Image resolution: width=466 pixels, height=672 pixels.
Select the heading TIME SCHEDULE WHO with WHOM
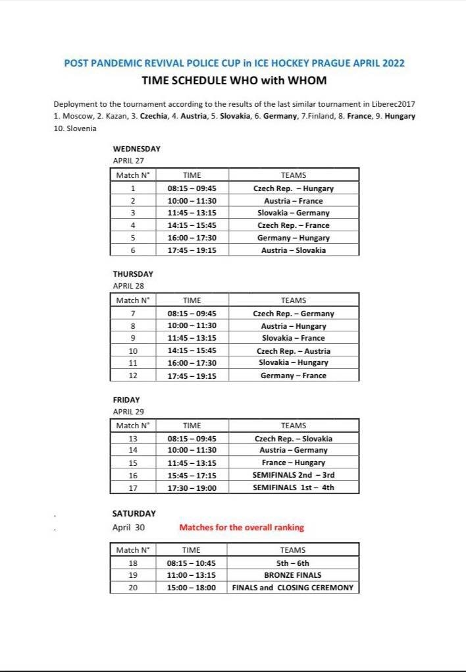pos(234,81)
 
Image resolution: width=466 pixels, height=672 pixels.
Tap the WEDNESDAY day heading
pos(137,149)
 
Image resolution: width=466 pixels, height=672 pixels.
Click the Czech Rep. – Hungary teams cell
pos(293,188)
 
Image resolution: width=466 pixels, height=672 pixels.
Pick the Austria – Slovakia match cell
pos(293,250)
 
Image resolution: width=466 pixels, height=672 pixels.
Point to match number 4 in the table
pos(133,225)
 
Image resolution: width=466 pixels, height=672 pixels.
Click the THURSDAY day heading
pos(133,274)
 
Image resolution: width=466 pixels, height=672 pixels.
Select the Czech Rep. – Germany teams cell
pos(293,314)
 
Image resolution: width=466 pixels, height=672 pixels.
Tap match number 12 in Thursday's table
pos(133,376)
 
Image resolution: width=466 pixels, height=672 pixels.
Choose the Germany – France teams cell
pos(293,376)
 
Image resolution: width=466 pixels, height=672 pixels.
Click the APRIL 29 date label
pos(128,411)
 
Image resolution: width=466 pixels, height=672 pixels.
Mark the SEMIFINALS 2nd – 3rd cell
pos(293,475)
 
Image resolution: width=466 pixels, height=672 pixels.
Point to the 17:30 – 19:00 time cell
pos(192,488)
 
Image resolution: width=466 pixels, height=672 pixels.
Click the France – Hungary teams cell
pos(293,462)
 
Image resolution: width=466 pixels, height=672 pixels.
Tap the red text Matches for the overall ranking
pos(242,528)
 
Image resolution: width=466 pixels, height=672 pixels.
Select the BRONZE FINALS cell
pos(293,575)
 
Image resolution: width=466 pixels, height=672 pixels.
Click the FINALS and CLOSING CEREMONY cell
pos(293,588)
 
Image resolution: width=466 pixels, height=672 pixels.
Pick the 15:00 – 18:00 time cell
pos(192,588)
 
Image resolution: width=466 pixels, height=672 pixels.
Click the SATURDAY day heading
pos(134,513)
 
